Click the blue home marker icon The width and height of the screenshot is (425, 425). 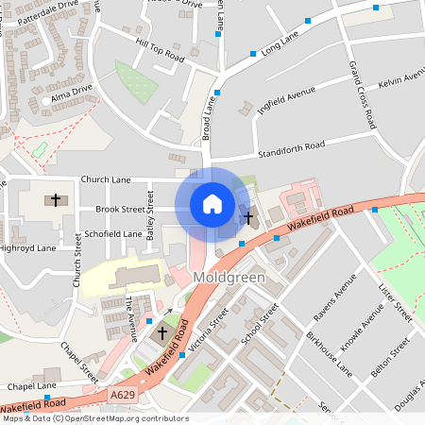tap(212, 204)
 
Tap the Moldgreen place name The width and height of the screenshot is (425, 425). tap(228, 278)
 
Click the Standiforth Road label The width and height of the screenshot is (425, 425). tap(290, 147)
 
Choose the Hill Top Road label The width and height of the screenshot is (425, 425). tap(160, 50)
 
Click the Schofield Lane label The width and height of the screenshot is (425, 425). tap(113, 233)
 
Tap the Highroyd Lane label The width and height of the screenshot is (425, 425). tap(28, 247)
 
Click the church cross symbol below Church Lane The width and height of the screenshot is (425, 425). tap(56, 199)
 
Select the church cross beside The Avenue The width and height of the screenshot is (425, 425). tap(161, 333)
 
